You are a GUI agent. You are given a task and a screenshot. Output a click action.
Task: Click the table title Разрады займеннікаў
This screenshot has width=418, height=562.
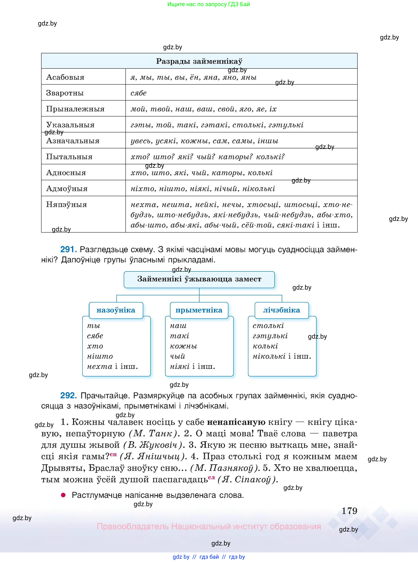(199, 61)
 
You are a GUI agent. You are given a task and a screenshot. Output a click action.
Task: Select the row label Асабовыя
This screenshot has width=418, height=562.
(65, 77)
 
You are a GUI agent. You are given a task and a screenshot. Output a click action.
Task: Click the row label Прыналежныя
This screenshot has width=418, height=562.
(75, 109)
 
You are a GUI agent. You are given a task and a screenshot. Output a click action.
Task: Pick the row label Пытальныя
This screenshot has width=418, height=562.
(69, 157)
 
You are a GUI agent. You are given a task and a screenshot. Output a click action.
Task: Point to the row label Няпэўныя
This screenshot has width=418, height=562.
(66, 204)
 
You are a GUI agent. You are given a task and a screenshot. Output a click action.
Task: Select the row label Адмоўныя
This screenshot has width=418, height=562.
(67, 188)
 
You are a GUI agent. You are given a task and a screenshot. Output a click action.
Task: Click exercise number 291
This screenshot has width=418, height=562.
(68, 249)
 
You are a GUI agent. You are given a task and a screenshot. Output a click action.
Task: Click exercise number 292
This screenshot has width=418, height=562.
(68, 395)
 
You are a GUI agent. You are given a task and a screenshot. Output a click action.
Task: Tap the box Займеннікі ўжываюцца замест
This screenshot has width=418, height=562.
(199, 279)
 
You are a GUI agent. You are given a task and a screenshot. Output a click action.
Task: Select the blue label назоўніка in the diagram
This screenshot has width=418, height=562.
(116, 310)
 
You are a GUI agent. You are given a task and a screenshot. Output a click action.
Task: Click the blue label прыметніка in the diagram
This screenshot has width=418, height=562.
(199, 310)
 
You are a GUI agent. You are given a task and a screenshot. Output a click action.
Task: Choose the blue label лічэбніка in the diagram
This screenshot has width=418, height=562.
(282, 310)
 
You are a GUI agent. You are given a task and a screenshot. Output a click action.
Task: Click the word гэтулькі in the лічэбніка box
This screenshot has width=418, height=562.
(270, 336)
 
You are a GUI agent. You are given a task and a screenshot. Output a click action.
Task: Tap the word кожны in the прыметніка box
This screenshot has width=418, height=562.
(184, 346)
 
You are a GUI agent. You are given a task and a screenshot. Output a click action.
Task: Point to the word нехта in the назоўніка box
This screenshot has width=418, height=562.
(99, 366)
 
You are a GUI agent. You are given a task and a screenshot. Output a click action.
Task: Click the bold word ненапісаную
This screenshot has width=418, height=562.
(236, 422)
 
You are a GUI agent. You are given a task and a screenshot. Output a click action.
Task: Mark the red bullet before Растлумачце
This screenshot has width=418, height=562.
(63, 495)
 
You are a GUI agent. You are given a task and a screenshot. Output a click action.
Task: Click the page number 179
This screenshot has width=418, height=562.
(349, 511)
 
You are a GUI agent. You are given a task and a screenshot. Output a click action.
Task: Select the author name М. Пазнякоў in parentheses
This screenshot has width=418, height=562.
(225, 468)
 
